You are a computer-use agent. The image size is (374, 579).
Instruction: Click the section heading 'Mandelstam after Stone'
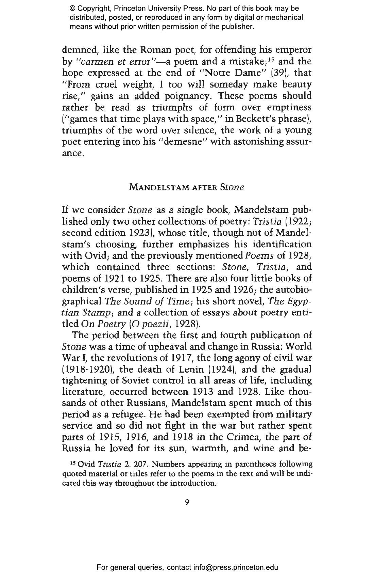pyautogui.click(x=187, y=187)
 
